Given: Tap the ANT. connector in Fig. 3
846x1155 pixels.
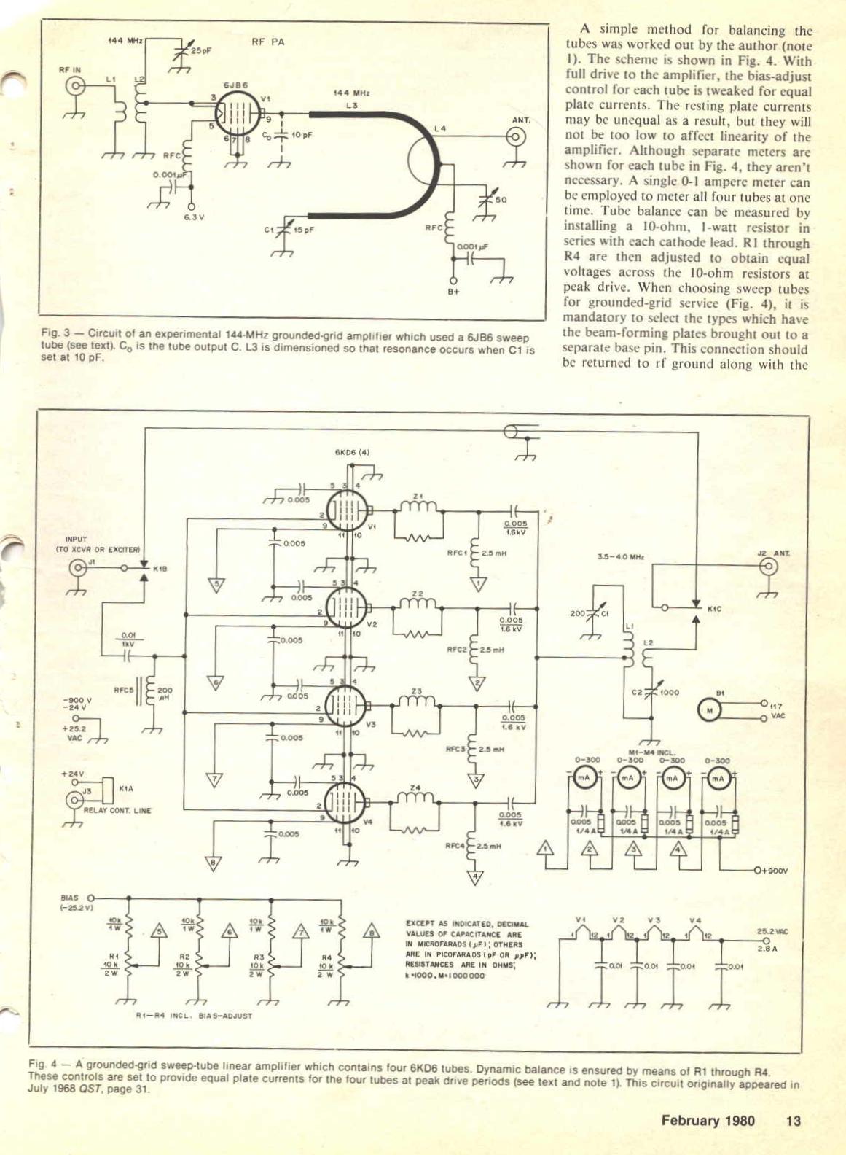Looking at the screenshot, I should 516,136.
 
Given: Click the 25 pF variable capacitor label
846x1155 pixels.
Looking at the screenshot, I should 201,52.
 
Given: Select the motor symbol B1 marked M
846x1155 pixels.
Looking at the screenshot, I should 708,710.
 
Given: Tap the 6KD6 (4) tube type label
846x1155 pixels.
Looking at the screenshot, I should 353,452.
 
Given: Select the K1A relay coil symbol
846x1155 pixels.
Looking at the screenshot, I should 109,788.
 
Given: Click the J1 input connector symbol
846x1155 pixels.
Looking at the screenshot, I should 77,567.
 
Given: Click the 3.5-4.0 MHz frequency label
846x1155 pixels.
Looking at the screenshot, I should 621,557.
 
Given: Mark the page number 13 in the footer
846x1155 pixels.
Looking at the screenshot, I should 793,1120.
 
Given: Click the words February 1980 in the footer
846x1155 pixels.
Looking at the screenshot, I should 708,1120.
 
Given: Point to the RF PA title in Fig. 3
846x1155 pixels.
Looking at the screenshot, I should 267,42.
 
